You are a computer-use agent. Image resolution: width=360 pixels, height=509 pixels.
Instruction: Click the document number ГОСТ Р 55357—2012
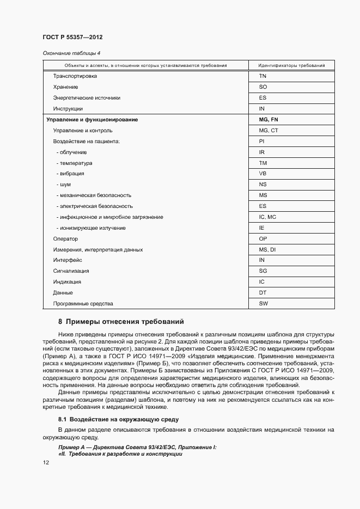coord(72,37)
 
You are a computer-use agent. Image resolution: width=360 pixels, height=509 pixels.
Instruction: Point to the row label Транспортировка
coord(75,76)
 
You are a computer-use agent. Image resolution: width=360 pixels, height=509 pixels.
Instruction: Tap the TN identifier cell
coord(263,76)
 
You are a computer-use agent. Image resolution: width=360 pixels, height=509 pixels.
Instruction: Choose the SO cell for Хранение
coord(263,87)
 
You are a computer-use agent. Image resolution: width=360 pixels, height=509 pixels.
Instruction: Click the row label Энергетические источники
coord(87,98)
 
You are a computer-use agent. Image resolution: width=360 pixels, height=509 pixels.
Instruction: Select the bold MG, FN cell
coord(269,119)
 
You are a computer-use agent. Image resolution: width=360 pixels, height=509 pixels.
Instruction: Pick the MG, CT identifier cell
coord(269,130)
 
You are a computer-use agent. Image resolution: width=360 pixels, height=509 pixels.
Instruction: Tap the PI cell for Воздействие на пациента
coord(262,141)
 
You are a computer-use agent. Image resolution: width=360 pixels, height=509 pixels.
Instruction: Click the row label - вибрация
coord(70,174)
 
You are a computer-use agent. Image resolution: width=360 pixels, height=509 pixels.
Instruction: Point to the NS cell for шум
coord(263,185)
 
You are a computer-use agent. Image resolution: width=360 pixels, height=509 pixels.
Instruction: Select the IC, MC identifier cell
coord(268,217)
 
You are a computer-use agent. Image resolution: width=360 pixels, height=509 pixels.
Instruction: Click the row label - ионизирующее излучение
coord(90,228)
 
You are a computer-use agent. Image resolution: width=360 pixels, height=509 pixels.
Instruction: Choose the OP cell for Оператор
coord(263,238)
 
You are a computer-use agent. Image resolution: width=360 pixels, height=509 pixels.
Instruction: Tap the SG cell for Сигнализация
coord(263,271)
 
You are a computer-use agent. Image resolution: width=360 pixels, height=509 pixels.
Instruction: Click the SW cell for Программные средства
coord(263,303)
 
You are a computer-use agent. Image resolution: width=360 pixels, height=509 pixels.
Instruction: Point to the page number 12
coord(46,462)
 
